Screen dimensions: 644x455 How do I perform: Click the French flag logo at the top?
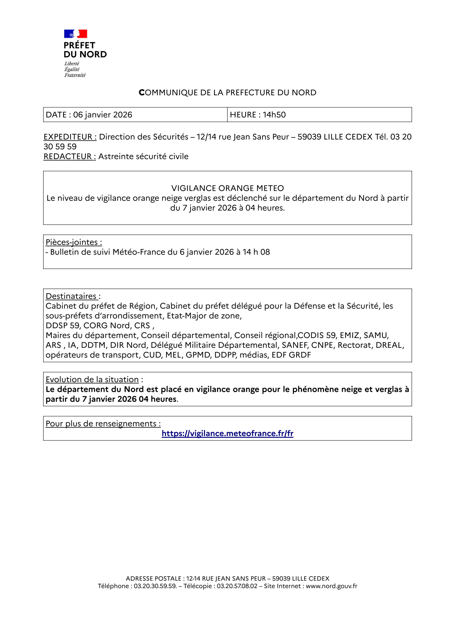(x=76, y=34)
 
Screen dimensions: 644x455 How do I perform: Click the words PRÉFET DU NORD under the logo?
(x=85, y=50)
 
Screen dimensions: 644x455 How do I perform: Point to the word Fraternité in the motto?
(x=75, y=75)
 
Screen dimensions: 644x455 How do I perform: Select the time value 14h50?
(x=274, y=115)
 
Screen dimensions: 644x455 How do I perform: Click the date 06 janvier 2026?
(x=103, y=115)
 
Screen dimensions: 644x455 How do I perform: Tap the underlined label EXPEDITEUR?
(x=70, y=137)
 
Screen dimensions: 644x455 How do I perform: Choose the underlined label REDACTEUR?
(x=70, y=156)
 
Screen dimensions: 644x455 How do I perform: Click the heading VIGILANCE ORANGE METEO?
(x=227, y=188)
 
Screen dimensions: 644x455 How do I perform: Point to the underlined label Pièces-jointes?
(x=74, y=242)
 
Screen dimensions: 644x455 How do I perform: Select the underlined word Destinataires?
(x=71, y=296)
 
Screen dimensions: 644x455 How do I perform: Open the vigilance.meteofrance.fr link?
(x=227, y=434)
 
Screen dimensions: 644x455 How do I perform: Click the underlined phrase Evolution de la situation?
(x=92, y=380)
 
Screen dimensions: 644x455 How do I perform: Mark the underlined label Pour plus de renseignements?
(x=103, y=424)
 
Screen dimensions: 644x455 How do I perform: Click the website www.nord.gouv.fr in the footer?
(x=331, y=586)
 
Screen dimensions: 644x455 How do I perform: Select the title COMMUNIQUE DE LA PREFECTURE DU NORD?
(x=227, y=93)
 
